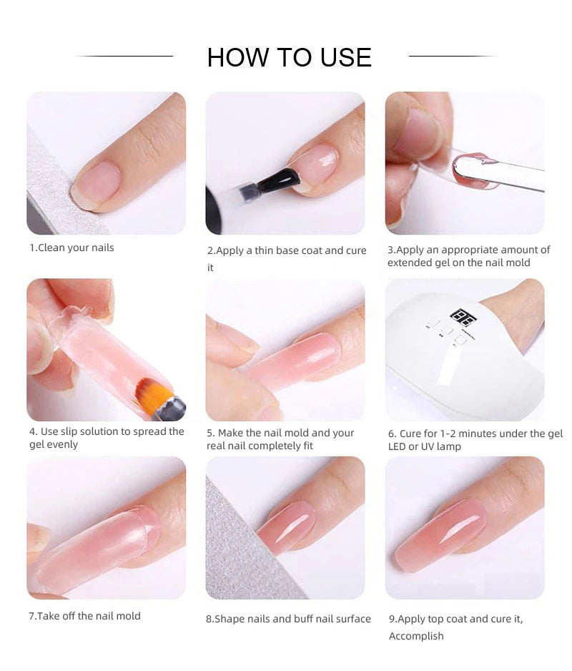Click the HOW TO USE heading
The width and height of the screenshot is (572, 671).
click(289, 57)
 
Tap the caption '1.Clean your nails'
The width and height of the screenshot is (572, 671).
click(71, 248)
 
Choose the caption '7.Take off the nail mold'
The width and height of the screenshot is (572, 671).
click(84, 616)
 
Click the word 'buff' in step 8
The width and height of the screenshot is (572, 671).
click(316, 619)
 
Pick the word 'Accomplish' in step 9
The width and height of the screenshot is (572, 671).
click(416, 637)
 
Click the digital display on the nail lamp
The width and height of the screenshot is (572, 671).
click(463, 318)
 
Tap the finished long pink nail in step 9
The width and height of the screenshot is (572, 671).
click(440, 535)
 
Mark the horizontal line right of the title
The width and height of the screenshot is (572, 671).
click(453, 56)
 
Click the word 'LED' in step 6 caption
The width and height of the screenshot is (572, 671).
click(397, 447)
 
